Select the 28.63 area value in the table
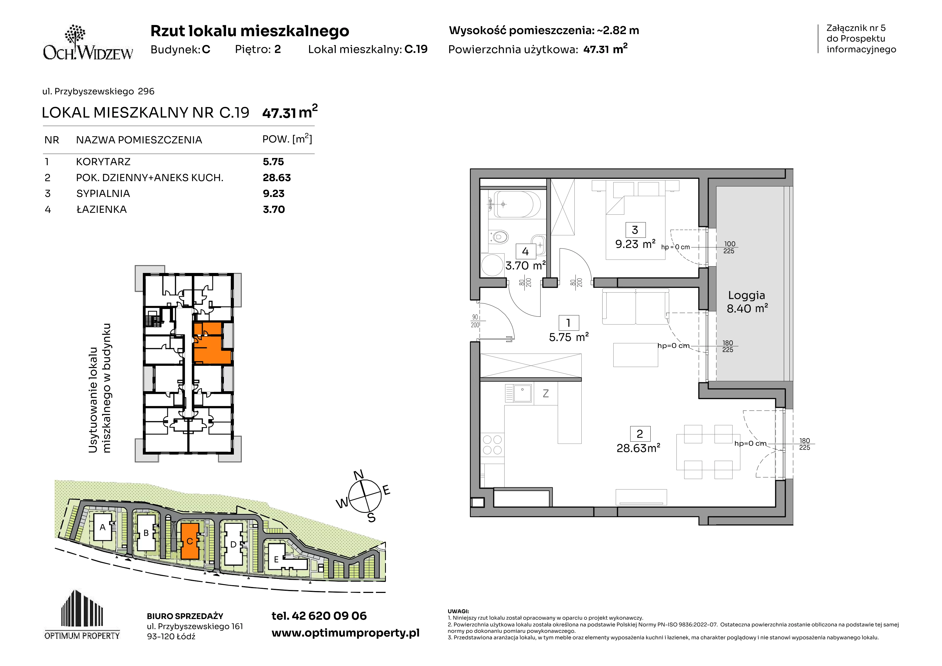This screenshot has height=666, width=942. pos(277,178)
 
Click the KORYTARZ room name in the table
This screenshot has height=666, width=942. pos(103,162)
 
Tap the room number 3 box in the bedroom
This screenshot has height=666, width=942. pos(635,230)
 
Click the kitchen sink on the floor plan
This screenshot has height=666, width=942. pos(519,393)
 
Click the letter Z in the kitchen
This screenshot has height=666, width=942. pos(546,394)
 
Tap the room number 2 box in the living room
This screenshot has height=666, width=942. pos(640,434)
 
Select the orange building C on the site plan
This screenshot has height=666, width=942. pos(190,541)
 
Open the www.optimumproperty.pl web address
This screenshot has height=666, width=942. pos(345,633)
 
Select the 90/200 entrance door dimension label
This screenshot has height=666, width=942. pos(475,321)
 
